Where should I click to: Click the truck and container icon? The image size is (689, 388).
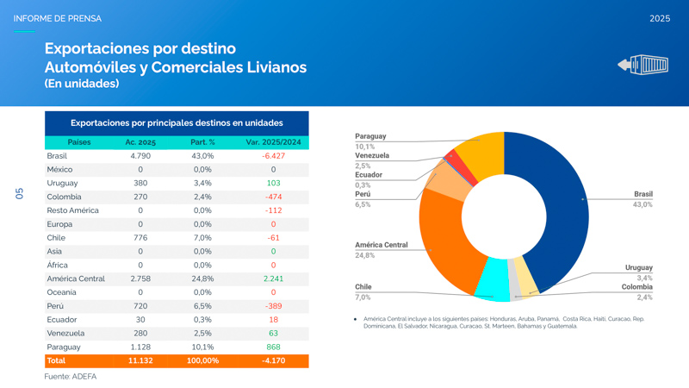point(642,65)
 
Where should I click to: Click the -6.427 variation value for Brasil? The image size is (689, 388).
point(273,156)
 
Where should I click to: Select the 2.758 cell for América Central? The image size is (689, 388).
point(140,278)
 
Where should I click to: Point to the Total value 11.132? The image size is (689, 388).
point(140,360)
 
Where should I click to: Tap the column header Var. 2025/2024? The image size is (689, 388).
point(273,141)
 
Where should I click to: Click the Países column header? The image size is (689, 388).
point(79,141)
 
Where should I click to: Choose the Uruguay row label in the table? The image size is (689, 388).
point(62,183)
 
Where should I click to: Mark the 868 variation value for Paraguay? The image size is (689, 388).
point(273,347)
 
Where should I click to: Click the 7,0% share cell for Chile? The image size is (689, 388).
point(202,237)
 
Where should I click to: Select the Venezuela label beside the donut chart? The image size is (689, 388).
point(372,156)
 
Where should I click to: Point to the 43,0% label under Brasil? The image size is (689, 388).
point(642,205)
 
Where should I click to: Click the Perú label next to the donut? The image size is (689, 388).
point(363,195)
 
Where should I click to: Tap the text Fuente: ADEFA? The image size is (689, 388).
point(71,377)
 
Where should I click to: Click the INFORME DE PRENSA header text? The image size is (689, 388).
point(57,18)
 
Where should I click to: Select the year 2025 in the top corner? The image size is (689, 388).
point(660,18)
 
